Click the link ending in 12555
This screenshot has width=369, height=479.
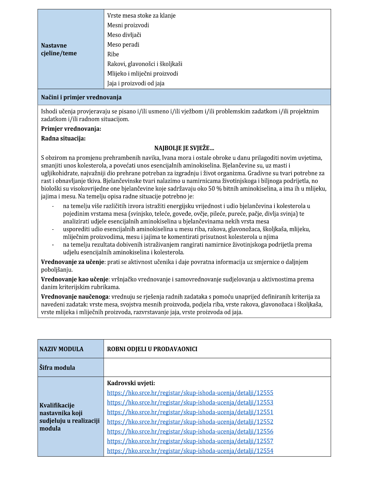[x=190, y=393]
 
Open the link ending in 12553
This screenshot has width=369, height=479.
[x=190, y=402]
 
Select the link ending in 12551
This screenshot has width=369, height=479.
[x=190, y=412]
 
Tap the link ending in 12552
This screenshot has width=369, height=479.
[x=190, y=422]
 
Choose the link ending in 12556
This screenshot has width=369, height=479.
[x=190, y=431]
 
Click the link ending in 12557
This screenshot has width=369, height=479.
[x=190, y=441]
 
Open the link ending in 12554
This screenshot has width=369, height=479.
[x=190, y=451]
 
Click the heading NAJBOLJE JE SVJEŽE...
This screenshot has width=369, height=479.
[x=184, y=148]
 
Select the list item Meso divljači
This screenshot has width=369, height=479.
[x=124, y=35]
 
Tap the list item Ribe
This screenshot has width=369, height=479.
[x=113, y=54]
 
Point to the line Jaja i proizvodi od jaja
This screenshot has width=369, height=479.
[x=136, y=83]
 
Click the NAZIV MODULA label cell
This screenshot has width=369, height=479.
[x=61, y=349]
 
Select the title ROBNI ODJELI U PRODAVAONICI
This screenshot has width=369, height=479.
[x=152, y=349]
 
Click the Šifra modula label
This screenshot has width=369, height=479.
[x=57, y=368]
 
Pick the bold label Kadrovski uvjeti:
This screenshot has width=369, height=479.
[x=131, y=383]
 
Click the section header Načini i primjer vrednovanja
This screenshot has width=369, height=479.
[x=81, y=97]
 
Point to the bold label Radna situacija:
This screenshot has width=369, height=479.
[x=63, y=138]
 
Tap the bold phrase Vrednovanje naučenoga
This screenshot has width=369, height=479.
[x=75, y=297]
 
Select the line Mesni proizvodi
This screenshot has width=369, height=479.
[x=128, y=25]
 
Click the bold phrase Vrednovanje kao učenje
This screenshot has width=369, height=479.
[x=75, y=279]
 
